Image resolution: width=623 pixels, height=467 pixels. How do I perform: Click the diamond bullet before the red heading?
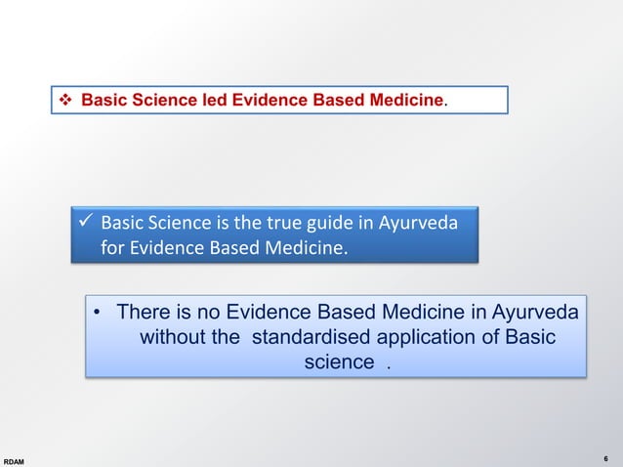[66, 101]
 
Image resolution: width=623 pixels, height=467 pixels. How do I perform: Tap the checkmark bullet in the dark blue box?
[86, 223]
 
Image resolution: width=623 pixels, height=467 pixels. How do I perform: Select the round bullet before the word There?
[98, 314]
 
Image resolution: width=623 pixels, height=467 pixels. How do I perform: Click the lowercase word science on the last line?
[339, 362]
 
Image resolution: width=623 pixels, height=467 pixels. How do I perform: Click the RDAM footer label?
[15, 458]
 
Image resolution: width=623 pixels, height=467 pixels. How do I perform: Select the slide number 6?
[605, 457]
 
